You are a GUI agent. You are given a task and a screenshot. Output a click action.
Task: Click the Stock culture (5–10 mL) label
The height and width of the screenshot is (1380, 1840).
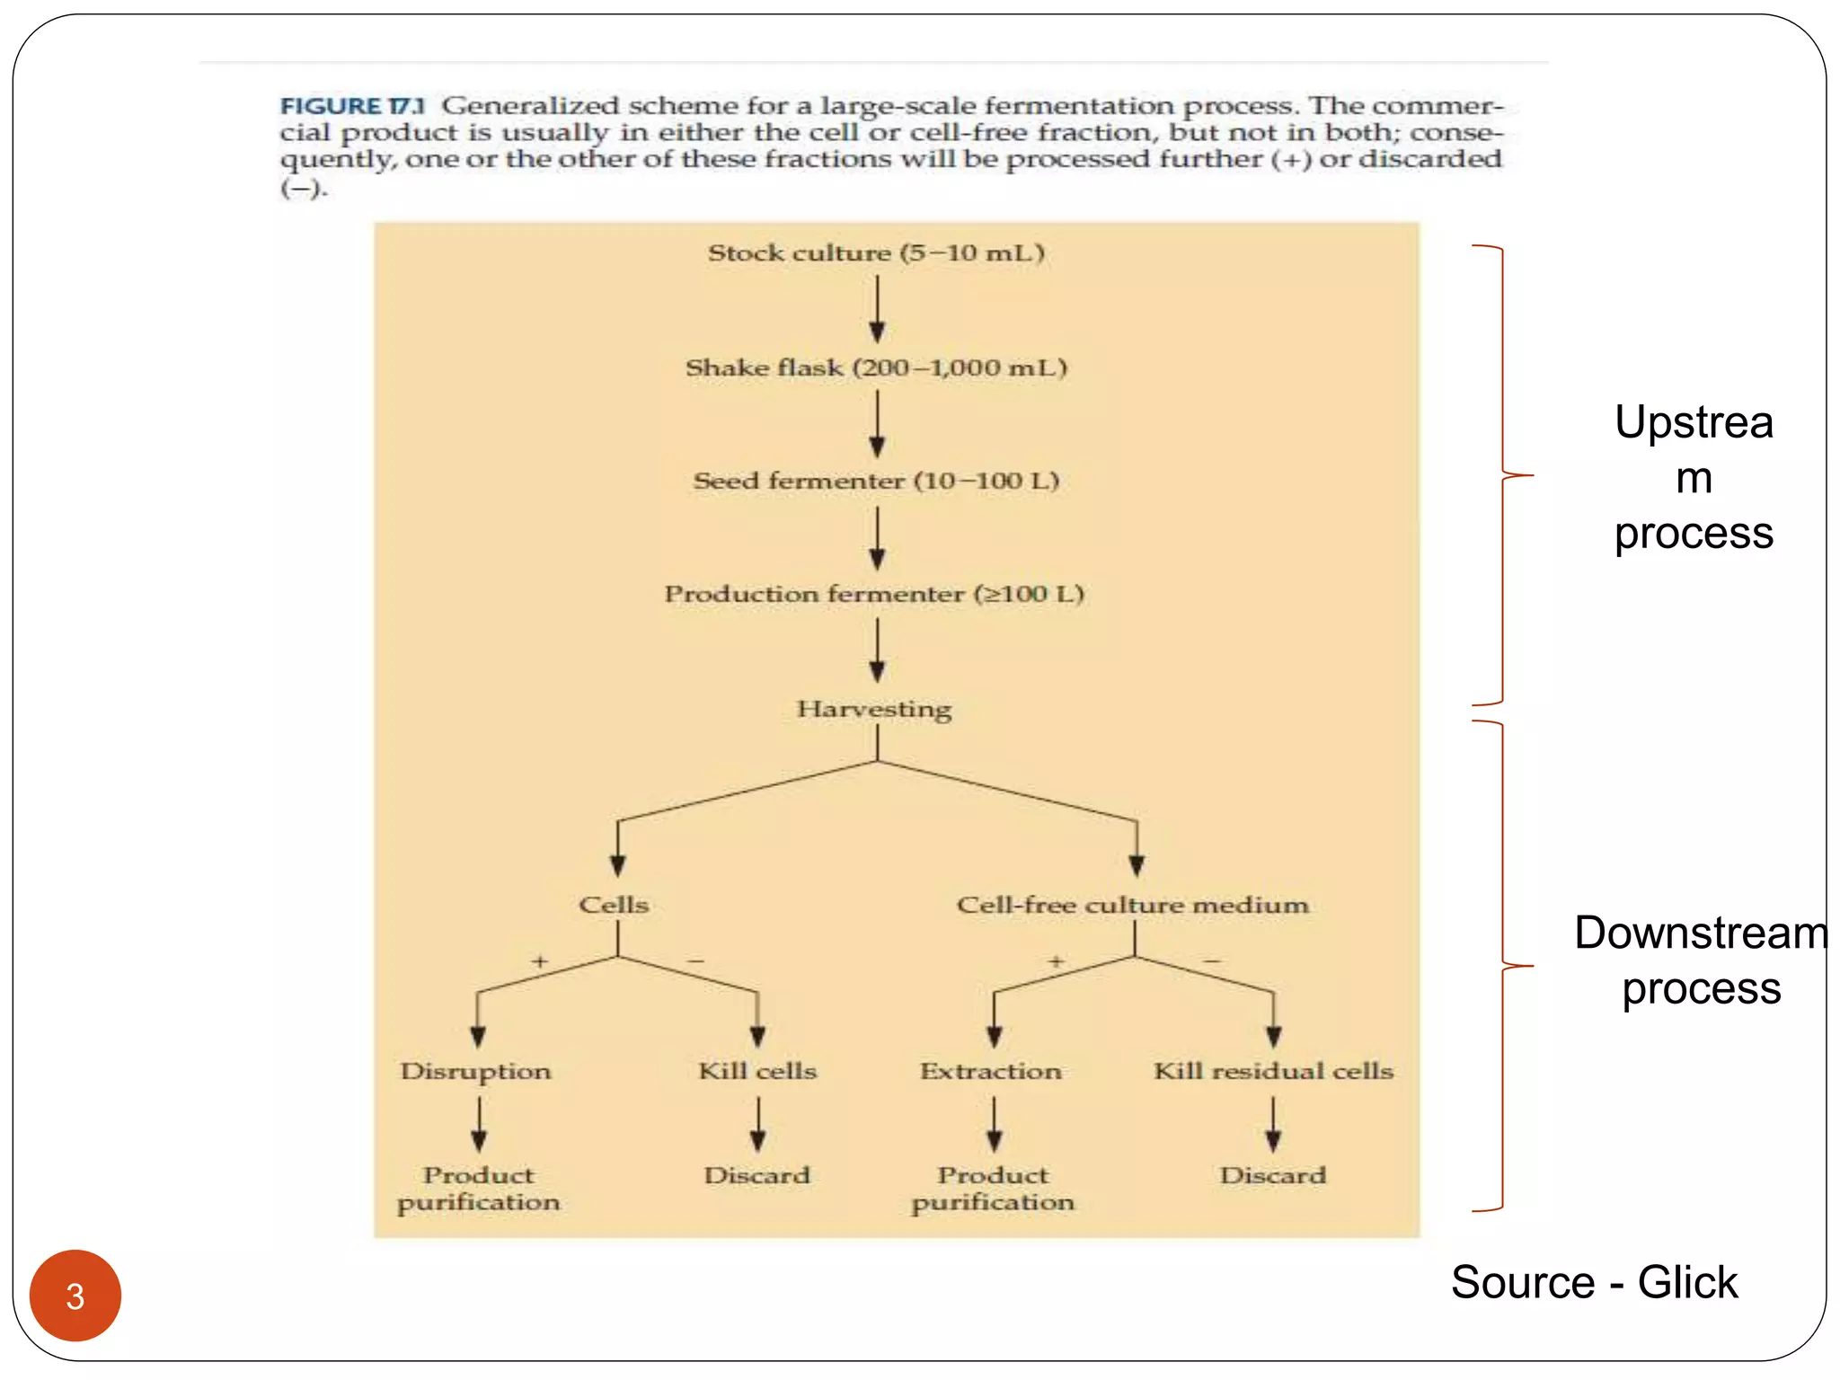(876, 252)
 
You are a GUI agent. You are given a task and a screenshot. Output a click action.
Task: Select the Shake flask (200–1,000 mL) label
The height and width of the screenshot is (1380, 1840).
(876, 367)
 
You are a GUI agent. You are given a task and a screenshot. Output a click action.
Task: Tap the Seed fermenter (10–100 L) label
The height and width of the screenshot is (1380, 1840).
(876, 481)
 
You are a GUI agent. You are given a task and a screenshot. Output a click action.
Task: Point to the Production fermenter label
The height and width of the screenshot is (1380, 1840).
(874, 594)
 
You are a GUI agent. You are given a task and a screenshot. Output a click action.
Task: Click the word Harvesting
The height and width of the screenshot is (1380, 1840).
(874, 709)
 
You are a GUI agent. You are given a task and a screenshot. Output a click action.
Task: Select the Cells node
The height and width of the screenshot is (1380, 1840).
(614, 905)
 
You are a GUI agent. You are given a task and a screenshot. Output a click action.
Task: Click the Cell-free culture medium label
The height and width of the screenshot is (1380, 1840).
(1132, 905)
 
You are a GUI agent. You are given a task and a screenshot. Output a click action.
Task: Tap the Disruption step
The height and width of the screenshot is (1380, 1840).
(476, 1071)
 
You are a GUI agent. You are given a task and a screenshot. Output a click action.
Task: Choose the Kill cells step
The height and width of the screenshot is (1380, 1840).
(757, 1071)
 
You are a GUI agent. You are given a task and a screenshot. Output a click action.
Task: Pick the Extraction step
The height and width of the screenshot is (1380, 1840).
(991, 1071)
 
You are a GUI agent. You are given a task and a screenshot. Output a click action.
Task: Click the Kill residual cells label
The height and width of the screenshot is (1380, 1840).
(1273, 1071)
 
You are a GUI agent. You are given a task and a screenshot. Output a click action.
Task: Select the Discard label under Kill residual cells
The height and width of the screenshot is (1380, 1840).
(1273, 1175)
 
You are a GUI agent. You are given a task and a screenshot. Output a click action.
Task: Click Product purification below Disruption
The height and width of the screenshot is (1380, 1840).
(479, 1189)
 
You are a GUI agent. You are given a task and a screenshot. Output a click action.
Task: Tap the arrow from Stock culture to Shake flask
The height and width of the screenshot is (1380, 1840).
(878, 309)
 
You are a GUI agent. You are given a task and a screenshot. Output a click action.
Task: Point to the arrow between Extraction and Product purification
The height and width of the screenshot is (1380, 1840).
(994, 1125)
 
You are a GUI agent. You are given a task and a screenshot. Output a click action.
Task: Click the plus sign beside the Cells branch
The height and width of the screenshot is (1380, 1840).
(539, 961)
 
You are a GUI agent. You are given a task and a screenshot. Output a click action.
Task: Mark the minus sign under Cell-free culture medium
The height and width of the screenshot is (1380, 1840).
(1212, 961)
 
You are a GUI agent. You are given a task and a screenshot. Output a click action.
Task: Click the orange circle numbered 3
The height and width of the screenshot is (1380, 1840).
(75, 1296)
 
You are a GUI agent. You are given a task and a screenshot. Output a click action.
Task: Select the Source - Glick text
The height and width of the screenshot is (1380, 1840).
(1594, 1282)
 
